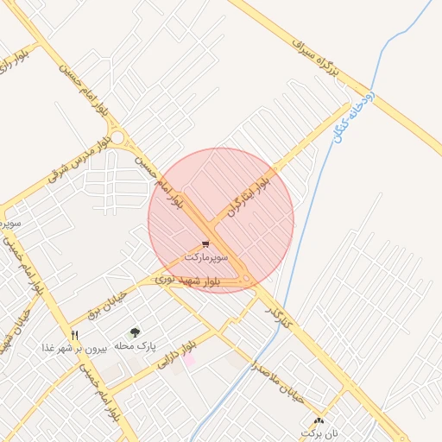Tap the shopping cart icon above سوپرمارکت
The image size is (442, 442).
tap(205, 245)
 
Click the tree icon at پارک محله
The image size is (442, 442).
tap(135, 332)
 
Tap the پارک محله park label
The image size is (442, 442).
tap(135, 345)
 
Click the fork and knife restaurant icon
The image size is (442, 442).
tap(75, 335)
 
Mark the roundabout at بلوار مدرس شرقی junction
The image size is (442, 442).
tap(117, 137)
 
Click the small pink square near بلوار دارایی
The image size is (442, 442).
tap(189, 359)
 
